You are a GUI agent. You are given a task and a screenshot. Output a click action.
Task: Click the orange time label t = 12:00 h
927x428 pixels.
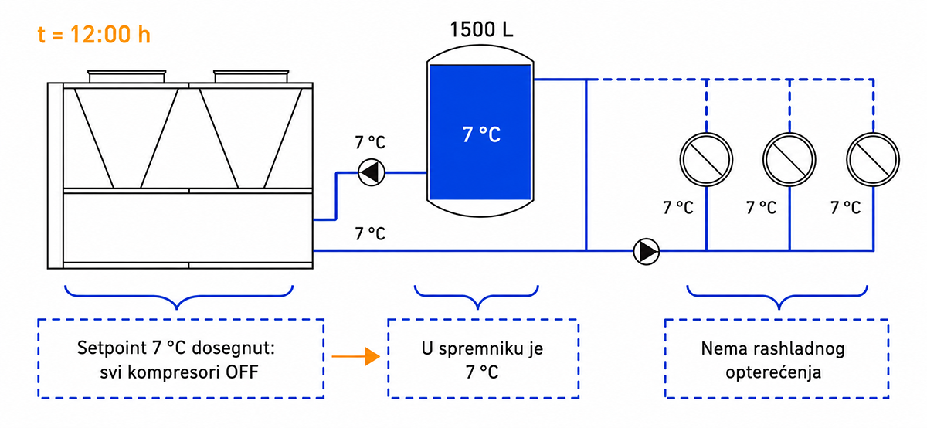[x=94, y=34]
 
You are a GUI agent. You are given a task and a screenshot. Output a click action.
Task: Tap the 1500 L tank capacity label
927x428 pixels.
[x=481, y=29]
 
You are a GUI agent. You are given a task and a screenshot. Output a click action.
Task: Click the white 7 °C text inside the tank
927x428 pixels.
[x=481, y=134]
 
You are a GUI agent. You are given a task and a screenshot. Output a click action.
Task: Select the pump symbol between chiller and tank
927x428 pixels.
[x=372, y=172]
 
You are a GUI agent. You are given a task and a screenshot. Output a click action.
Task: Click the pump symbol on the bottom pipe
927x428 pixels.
[x=647, y=251]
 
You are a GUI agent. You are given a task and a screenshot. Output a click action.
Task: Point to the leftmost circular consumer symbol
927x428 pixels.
[x=706, y=159]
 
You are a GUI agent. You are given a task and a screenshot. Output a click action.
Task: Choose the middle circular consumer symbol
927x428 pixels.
[x=789, y=159]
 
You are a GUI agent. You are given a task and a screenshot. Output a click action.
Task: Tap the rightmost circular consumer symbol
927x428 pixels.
[x=873, y=159]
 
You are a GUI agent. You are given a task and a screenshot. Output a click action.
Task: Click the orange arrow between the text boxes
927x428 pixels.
[x=356, y=356]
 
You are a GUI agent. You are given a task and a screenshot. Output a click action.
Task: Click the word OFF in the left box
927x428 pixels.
[x=242, y=372]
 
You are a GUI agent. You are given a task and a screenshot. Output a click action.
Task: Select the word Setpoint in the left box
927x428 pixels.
[x=112, y=348]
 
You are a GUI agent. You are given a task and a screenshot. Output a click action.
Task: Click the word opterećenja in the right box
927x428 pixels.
[x=773, y=372]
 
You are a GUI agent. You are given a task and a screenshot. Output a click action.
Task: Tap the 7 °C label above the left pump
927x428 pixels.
[x=370, y=142]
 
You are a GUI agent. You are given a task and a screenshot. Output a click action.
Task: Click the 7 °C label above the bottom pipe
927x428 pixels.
[x=370, y=234]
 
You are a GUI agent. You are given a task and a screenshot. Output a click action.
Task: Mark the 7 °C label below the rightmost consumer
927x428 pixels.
[x=846, y=208]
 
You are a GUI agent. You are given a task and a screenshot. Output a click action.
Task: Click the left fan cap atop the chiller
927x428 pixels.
[x=127, y=76]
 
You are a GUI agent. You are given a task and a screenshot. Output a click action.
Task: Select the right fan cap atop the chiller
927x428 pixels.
[x=251, y=76]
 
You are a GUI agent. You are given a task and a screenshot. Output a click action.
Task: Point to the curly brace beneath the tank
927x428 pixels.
[x=477, y=297]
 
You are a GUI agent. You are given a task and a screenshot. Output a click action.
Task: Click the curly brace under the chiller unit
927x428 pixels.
[x=178, y=297]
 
